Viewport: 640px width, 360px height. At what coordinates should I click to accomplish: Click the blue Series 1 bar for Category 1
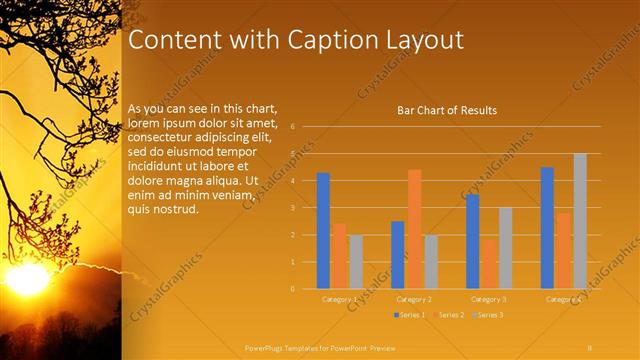(323, 231)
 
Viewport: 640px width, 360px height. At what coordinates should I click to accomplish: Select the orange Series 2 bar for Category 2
(414, 229)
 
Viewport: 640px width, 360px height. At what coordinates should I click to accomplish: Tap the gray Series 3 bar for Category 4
(580, 221)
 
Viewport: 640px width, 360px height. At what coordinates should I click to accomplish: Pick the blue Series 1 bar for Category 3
(472, 241)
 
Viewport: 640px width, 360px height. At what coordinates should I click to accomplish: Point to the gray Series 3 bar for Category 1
(356, 262)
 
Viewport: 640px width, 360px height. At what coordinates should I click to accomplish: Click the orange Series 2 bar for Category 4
(564, 251)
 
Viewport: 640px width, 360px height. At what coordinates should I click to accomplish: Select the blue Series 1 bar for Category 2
(398, 255)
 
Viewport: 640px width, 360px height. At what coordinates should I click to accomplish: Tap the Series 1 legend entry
(409, 315)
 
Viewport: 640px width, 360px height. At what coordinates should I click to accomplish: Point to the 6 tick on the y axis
(291, 127)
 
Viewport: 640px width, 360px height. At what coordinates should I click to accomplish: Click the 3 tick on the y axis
(291, 208)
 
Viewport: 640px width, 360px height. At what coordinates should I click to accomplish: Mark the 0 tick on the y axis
(291, 289)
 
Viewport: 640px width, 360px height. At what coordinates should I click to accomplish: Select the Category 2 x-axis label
(414, 299)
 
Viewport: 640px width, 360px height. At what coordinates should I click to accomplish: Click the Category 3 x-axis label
(489, 299)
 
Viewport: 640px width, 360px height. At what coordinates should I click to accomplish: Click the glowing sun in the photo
(27, 277)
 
